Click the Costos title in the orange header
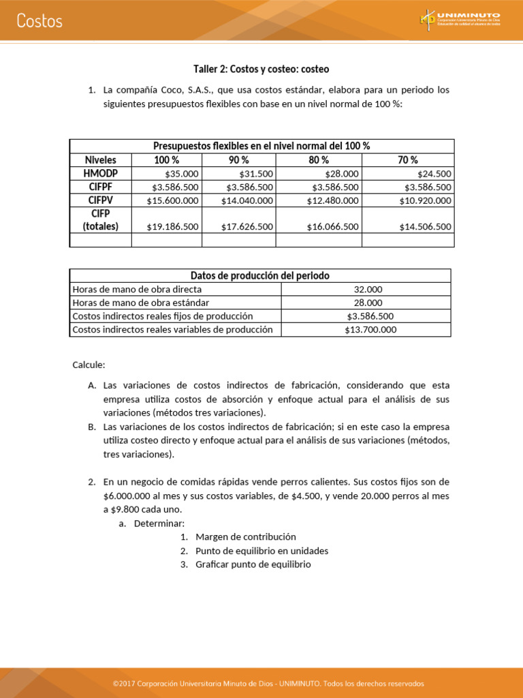39,21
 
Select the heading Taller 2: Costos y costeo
261,70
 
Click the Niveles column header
100,160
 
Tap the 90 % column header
238,160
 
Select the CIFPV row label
100,200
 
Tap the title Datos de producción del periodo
260,275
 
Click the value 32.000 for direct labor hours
368,289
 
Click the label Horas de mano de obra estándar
141,303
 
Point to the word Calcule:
89,365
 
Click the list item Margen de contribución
245,537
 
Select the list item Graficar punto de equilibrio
253,564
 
